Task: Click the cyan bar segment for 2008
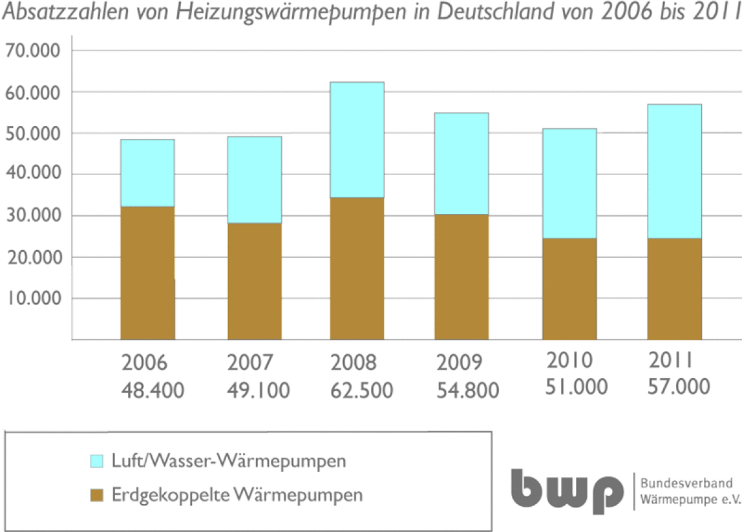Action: point(357,140)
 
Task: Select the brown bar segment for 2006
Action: point(147,273)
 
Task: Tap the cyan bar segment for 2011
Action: point(674,171)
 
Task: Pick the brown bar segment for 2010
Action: point(570,289)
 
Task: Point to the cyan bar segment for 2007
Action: point(255,180)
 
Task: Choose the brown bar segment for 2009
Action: point(461,277)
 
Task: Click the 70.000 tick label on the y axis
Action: point(33,50)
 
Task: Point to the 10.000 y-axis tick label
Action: point(34,298)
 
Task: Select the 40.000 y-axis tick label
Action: point(34,173)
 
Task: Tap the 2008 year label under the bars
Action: point(354,363)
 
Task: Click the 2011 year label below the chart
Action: point(670,360)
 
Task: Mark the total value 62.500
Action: point(362,390)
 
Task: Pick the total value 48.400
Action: point(153,390)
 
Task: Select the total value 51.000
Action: point(577,387)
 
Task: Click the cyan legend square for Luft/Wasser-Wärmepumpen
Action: point(96,461)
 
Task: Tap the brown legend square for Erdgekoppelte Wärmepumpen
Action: point(96,496)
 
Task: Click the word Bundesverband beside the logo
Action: point(686,484)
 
